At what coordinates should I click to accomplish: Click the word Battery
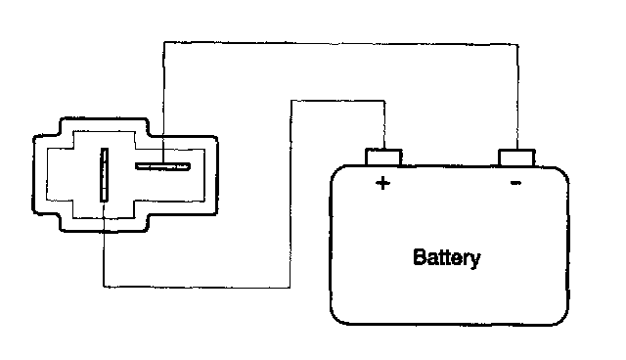click(x=447, y=258)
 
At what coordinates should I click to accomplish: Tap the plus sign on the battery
click(x=382, y=183)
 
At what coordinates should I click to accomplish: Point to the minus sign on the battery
click(x=515, y=183)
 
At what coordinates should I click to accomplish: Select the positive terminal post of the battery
click(x=383, y=157)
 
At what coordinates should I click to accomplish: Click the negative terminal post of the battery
click(x=516, y=157)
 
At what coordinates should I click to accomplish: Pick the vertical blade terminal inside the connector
click(x=105, y=174)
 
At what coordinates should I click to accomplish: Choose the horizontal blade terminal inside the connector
click(x=162, y=166)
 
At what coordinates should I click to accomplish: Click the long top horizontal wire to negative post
click(x=341, y=43)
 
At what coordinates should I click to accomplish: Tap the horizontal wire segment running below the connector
click(x=197, y=287)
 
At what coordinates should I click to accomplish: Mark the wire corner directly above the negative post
click(x=518, y=45)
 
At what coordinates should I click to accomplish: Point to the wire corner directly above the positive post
click(x=384, y=101)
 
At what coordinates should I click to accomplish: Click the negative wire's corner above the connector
click(x=164, y=42)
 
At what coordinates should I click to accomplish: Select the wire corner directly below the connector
click(x=104, y=287)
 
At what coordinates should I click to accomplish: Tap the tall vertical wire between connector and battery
click(x=291, y=194)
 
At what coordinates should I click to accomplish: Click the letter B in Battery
click(x=419, y=257)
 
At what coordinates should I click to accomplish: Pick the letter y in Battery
click(x=475, y=261)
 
